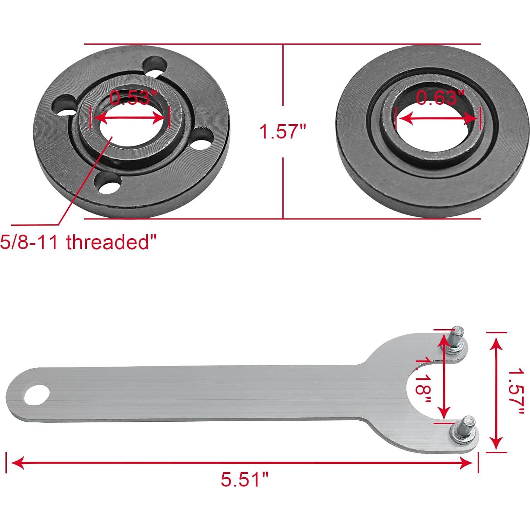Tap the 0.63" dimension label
tap(439, 98)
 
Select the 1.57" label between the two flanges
tap(283, 132)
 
